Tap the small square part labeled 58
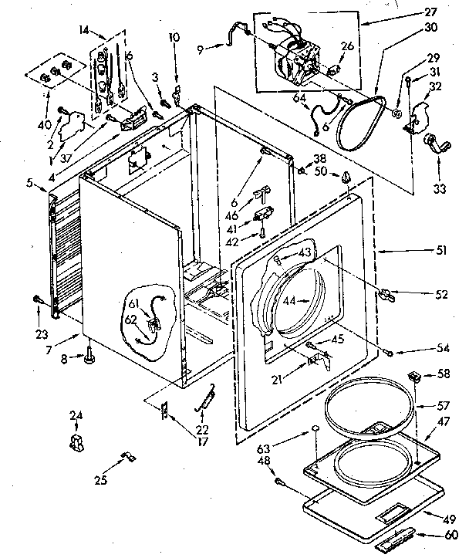[x=414, y=377]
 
